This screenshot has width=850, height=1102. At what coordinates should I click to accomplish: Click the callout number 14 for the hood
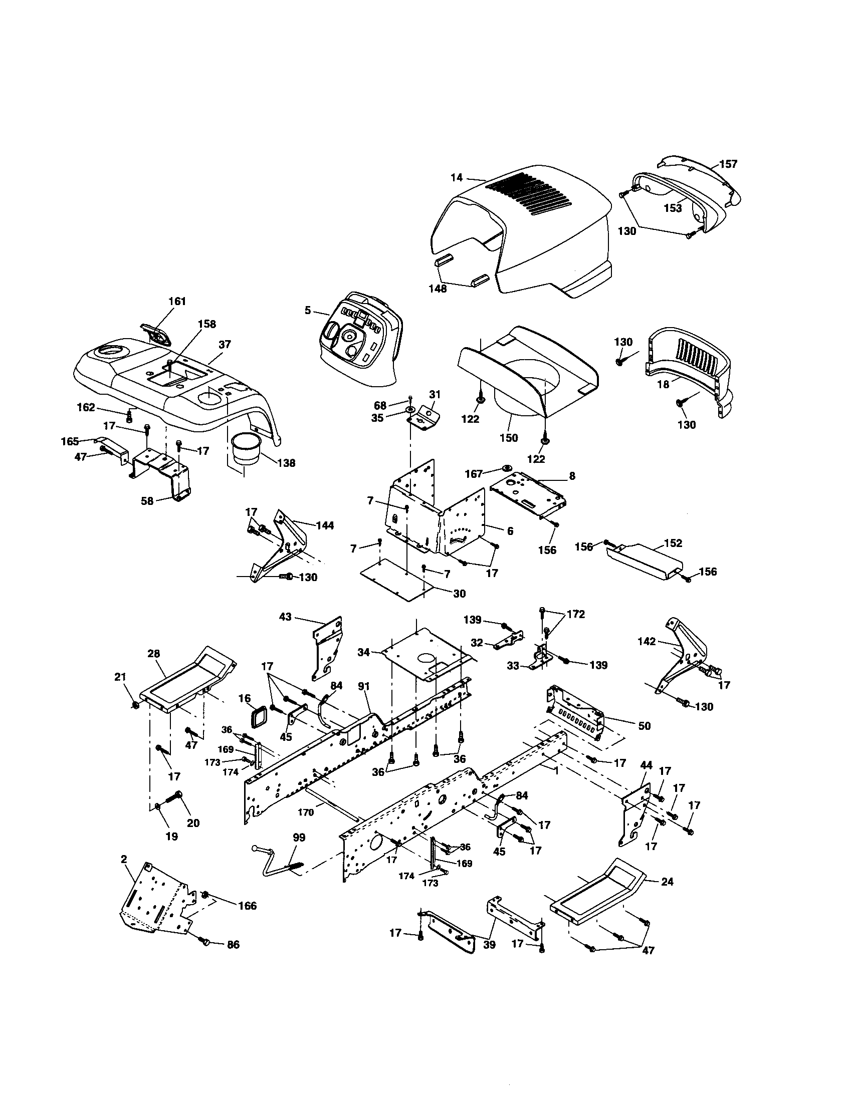pos(456,178)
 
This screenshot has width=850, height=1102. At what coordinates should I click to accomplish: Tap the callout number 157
pos(728,164)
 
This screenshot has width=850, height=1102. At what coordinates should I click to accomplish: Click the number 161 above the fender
pos(176,301)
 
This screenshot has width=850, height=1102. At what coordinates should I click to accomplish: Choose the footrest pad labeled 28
pos(187,679)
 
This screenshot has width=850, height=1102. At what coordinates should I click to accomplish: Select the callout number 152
pos(674,543)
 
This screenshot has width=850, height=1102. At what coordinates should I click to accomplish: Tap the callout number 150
pos(508,437)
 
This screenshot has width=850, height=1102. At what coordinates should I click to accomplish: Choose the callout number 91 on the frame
pos(363,686)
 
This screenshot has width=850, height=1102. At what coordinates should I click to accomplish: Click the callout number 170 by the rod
pos(306,812)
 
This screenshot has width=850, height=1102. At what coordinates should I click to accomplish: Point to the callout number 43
pos(286,617)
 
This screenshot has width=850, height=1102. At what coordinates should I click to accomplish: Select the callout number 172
pos(576,614)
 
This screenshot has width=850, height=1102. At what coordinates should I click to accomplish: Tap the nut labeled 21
pos(135,705)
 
